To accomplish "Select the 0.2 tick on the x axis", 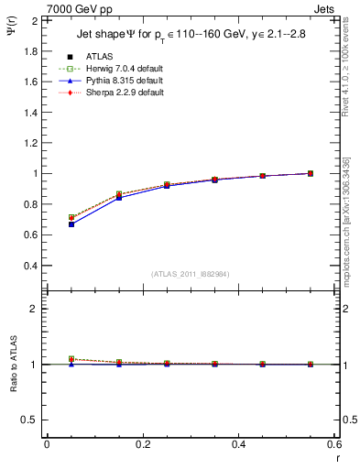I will pos(142,443).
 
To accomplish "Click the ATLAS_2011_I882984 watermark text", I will pos(191,274).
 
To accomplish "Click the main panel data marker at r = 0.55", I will pos(311,173).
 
